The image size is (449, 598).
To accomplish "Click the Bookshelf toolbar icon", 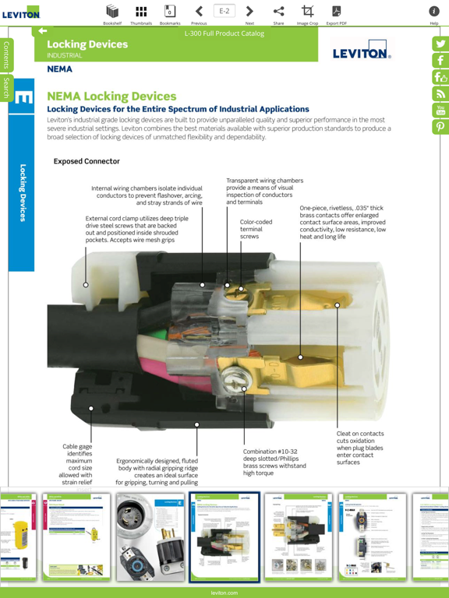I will click(x=112, y=11).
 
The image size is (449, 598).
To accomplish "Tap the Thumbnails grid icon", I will click(x=141, y=11).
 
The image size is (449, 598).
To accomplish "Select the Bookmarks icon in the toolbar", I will click(x=170, y=11).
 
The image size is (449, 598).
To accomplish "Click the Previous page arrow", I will click(x=199, y=11).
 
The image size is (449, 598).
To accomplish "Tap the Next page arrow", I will click(x=249, y=11).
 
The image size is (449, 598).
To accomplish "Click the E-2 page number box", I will click(x=224, y=11).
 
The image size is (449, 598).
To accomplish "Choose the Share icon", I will click(x=278, y=11).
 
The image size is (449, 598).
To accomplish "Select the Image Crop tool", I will click(x=307, y=11).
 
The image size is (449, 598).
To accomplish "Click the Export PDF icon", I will click(x=337, y=11).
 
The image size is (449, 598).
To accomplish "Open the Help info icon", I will click(x=434, y=11).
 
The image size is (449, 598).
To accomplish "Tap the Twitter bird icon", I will click(x=440, y=44).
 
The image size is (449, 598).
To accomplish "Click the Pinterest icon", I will click(x=440, y=128).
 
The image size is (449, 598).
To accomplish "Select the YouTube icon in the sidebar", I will click(x=440, y=111).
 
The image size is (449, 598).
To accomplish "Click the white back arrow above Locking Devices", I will click(x=42, y=31).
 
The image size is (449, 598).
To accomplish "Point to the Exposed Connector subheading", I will click(x=87, y=161).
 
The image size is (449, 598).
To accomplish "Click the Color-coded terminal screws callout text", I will click(x=251, y=229).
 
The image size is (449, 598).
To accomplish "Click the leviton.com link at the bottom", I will click(x=224, y=593).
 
